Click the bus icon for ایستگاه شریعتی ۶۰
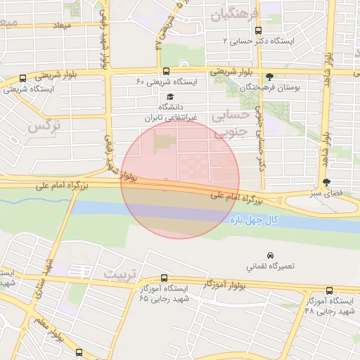(166, 71)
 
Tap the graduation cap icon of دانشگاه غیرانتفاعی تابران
(169, 97)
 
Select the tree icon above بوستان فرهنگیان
(270, 77)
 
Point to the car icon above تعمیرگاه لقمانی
(270, 255)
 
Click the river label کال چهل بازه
(255, 220)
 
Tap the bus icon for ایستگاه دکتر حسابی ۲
(259, 30)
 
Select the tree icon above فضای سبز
(326, 181)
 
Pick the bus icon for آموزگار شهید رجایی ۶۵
(164, 278)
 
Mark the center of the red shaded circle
(181, 179)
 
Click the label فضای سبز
(325, 192)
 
